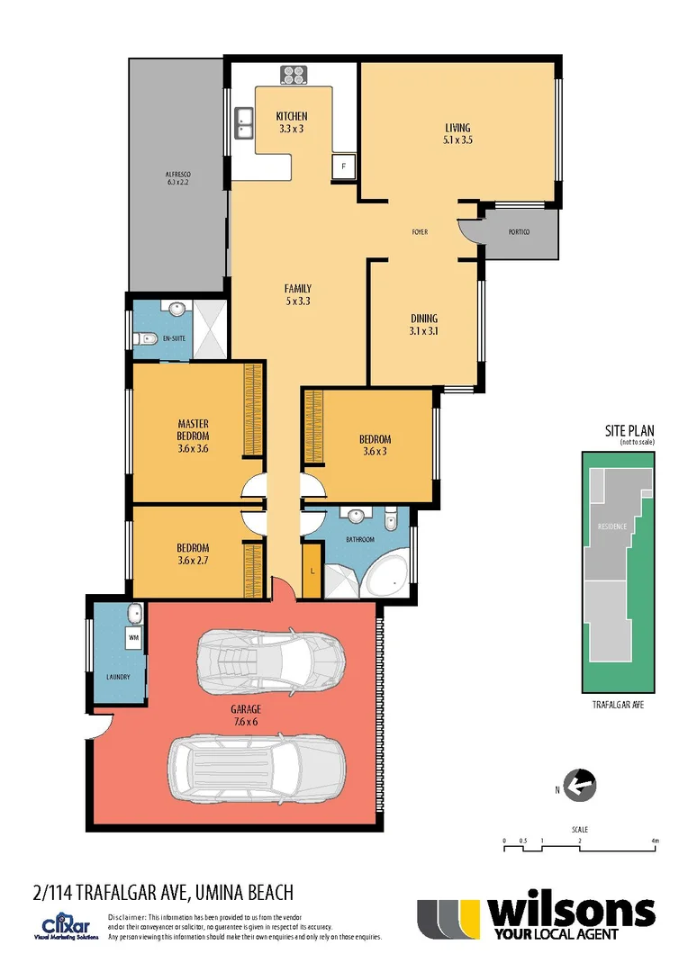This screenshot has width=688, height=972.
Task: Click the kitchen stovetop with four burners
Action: tap(294, 75)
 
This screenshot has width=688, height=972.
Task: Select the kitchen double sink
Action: tap(243, 122)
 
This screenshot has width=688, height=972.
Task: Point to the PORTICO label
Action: tap(519, 232)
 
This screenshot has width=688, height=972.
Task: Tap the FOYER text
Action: tap(420, 232)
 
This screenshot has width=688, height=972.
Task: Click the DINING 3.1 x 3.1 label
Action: tap(424, 324)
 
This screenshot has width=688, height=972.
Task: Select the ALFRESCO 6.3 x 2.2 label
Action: tap(177, 177)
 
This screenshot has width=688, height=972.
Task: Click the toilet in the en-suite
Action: tap(142, 339)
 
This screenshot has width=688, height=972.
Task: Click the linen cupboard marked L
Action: tap(312, 571)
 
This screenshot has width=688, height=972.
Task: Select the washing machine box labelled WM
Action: tap(133, 639)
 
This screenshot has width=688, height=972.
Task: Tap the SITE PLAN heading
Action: tap(629, 431)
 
